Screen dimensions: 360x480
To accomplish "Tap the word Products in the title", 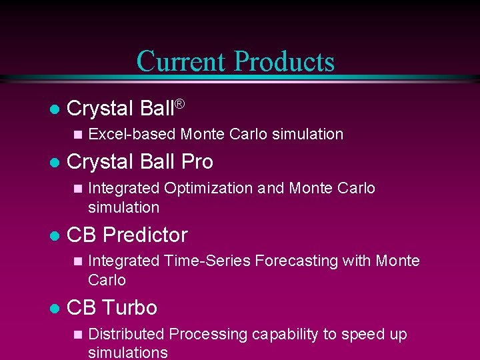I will point(285,61).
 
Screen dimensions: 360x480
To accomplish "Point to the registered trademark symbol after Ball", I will point(179,104).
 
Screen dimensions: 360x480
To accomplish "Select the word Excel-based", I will point(132,134).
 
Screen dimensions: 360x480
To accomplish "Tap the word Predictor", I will point(145,235).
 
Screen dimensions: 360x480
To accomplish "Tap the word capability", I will point(287,335).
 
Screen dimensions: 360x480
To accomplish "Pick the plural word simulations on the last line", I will point(128,353).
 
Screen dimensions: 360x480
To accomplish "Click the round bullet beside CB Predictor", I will point(55,235).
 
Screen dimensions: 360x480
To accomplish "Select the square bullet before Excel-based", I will point(78,135).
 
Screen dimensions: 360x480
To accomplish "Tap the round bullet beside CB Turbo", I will point(55,309).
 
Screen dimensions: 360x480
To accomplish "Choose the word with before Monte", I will point(357,261).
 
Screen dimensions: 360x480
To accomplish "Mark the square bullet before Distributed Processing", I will point(78,335).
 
